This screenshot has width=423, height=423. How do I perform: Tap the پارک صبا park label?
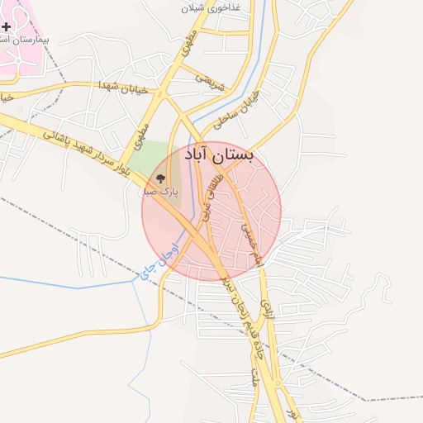(x=161, y=192)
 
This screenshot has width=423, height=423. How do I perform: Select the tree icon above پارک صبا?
(x=161, y=178)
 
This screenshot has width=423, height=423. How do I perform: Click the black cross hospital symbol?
(x=7, y=27)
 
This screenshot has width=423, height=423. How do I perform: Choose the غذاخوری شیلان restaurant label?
(x=214, y=8)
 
